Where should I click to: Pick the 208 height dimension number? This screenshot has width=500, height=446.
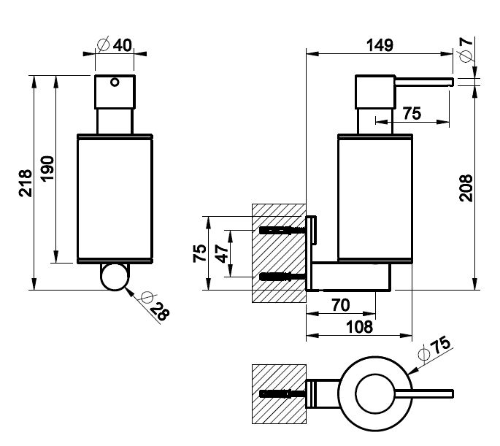467,188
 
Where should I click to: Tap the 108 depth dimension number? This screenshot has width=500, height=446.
358,326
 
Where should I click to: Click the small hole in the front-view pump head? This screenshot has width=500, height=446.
114,82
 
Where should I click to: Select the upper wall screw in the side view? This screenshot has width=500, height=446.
281,230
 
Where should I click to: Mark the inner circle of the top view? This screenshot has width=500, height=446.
377,396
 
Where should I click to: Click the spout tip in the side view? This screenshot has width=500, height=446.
450,80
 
